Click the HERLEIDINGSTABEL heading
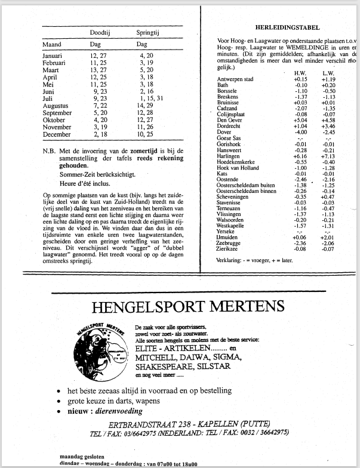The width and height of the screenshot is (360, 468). coord(287,27)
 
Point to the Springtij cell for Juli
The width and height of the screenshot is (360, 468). coord(146,98)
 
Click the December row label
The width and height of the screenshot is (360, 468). coord(57,134)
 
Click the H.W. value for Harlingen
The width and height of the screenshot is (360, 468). coord(300,156)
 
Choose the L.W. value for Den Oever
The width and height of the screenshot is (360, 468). coord(328,120)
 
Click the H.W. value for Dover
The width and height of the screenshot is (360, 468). coord(300,132)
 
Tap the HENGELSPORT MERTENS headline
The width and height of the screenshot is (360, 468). coord(189,307)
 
